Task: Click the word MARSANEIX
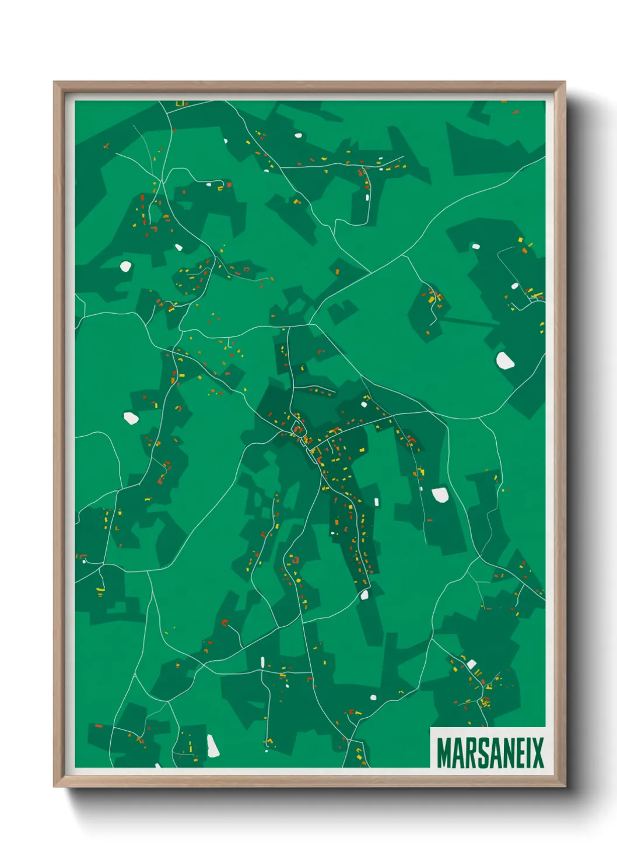[x=490, y=753]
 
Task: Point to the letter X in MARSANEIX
[x=537, y=753]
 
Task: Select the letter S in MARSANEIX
[x=479, y=753]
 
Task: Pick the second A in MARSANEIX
[x=492, y=753]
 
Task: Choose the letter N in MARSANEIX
[x=504, y=753]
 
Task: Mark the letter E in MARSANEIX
[x=516, y=753]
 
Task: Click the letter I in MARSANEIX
[x=525, y=753]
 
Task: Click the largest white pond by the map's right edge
[x=505, y=360]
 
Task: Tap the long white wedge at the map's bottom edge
[x=212, y=746]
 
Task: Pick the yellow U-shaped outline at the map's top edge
[x=180, y=104]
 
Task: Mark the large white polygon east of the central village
[x=440, y=495]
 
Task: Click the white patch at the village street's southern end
[x=365, y=595]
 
